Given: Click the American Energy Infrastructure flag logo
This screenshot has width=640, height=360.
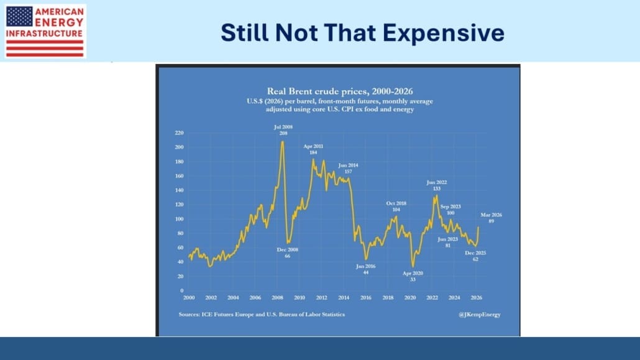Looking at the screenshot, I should (45, 31).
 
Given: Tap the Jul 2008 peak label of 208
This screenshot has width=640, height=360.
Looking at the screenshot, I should (283, 130).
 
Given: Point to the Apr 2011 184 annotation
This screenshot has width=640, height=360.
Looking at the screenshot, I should (313, 149).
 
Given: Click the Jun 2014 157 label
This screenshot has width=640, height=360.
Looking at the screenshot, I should (348, 168).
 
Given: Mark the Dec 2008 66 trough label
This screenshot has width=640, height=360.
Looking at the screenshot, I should (288, 252).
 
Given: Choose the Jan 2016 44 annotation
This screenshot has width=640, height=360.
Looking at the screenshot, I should (366, 269).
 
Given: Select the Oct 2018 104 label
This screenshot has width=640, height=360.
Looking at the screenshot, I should (396, 206).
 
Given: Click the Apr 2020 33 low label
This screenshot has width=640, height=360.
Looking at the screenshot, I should (413, 276).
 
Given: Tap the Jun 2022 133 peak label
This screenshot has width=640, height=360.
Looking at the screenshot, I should (437, 185).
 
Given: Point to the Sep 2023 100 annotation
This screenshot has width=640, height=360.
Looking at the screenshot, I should (452, 209).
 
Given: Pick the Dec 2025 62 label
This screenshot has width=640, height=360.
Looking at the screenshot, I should (475, 255).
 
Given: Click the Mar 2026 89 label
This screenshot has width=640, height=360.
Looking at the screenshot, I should (491, 218).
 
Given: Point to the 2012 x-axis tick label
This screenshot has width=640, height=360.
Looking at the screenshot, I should (321, 298).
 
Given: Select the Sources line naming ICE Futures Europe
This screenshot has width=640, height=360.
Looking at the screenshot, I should (262, 315).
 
